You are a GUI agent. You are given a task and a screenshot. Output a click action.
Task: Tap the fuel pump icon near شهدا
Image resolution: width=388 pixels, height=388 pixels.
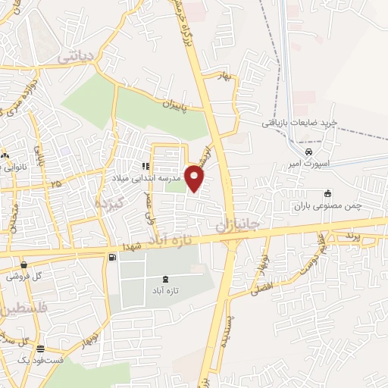click(113, 258)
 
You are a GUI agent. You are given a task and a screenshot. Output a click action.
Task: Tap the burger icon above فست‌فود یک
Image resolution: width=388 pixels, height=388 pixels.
click(40, 349)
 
